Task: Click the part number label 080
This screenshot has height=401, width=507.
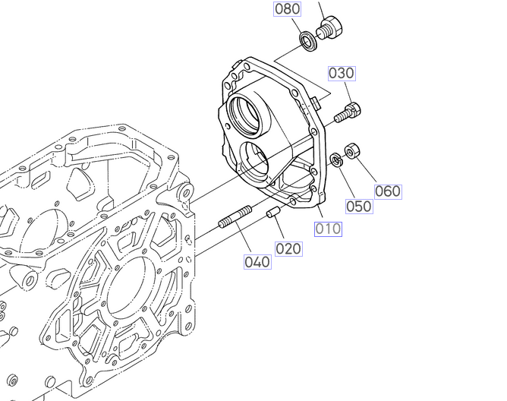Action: [287, 9]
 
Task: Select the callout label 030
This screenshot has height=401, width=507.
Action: [342, 74]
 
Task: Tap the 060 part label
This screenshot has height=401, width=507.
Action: [388, 191]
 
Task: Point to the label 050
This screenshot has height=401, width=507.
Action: [359, 206]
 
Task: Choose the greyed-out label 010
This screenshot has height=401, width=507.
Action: [328, 229]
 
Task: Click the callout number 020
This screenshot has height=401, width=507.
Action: [288, 249]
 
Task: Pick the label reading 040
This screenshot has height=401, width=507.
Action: [257, 262]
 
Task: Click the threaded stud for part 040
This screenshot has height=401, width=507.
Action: [235, 216]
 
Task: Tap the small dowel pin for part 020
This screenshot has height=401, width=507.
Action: [273, 213]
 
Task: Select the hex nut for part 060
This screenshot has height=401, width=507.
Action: [352, 151]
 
